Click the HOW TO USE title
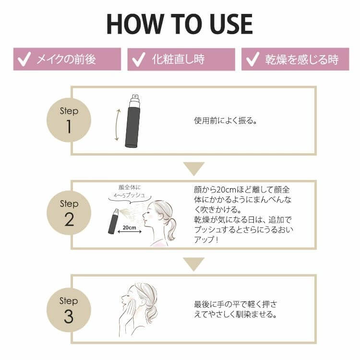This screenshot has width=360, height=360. [x=180, y=24]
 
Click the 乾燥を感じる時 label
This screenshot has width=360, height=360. [x=301, y=60]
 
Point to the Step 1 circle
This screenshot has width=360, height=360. [x=69, y=120]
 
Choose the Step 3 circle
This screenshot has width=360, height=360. [x=69, y=310]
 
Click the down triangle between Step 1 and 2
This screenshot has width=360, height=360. [x=194, y=168]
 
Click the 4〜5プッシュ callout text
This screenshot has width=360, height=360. [x=129, y=196]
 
